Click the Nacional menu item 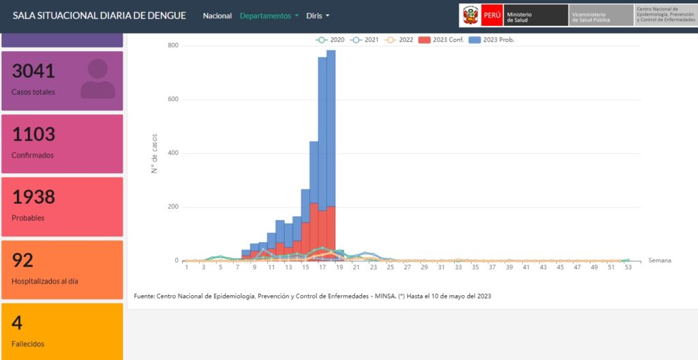pyautogui.click(x=217, y=16)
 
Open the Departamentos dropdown pyautogui.click(x=269, y=16)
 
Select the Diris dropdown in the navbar pyautogui.click(x=318, y=16)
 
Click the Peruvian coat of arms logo pyautogui.click(x=470, y=15)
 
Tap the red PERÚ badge pyautogui.click(x=492, y=15)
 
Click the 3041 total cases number pyautogui.click(x=33, y=71)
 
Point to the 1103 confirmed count pyautogui.click(x=33, y=134)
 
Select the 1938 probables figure pyautogui.click(x=33, y=197)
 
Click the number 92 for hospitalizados pyautogui.click(x=22, y=260)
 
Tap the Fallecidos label pyautogui.click(x=28, y=344)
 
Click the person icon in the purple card pyautogui.click(x=98, y=79)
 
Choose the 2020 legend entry pyautogui.click(x=330, y=40)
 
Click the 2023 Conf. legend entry pyautogui.click(x=441, y=40)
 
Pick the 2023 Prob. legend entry pyautogui.click(x=492, y=40)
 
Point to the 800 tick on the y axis pyautogui.click(x=173, y=46)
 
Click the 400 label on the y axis pyautogui.click(x=173, y=153)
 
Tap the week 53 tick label pyautogui.click(x=628, y=267)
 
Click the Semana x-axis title pyautogui.click(x=660, y=260)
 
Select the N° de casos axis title pyautogui.click(x=155, y=153)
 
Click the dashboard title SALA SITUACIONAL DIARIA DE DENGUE pyautogui.click(x=100, y=16)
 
